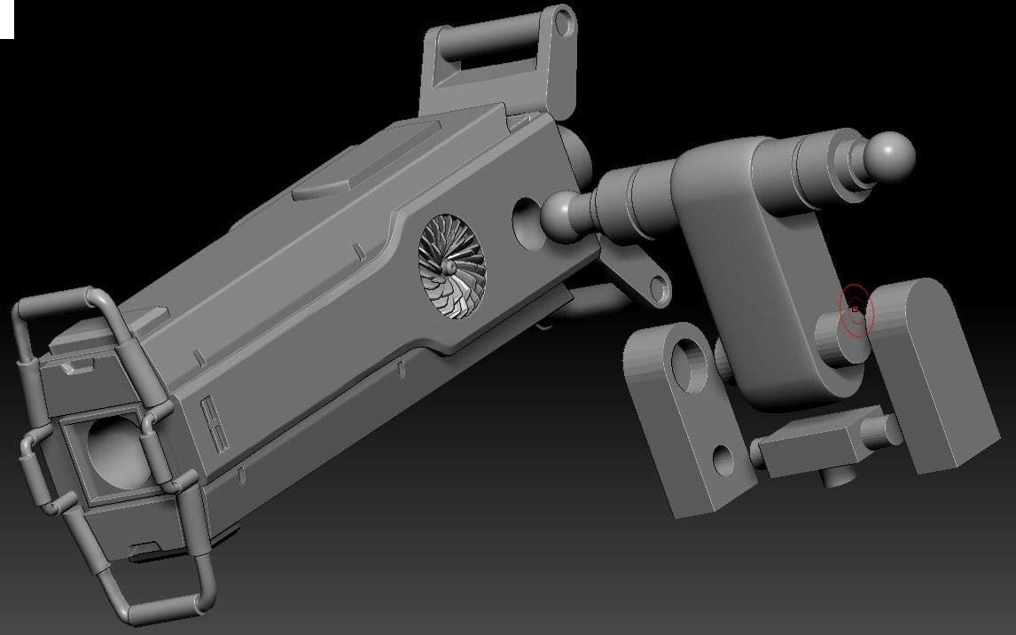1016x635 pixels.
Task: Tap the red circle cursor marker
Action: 856,310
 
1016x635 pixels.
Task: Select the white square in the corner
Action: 7,19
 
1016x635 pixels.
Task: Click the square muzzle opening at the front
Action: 113,453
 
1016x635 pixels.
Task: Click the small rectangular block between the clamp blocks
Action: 807,448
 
